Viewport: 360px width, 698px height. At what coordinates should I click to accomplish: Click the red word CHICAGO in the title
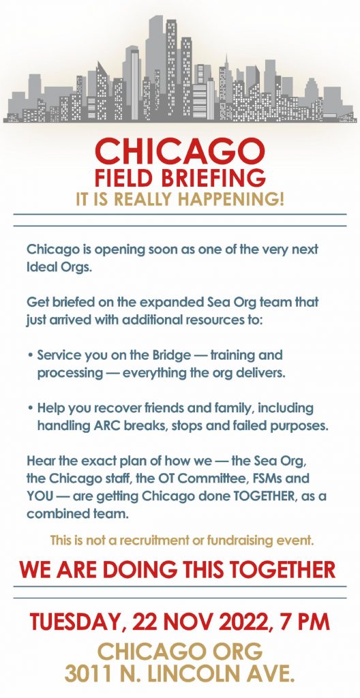pos(180,151)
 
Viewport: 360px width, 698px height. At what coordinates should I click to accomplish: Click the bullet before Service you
pos(30,356)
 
